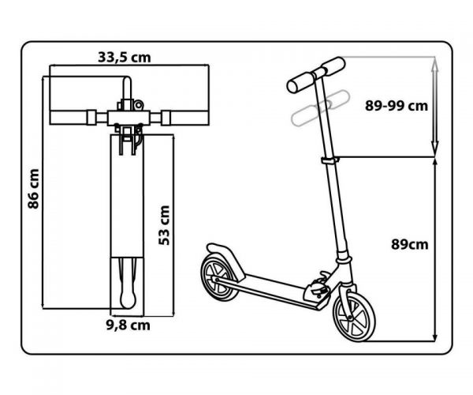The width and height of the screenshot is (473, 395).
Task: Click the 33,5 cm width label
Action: [x=125, y=58]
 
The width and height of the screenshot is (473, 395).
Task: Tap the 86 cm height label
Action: [x=33, y=189]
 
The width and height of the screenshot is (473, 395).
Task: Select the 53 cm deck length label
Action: [x=165, y=225]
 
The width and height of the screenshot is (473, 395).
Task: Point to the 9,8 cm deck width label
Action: [x=128, y=325]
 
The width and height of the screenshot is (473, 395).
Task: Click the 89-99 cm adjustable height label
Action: [x=397, y=106]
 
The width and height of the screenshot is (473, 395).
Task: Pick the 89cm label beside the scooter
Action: [x=410, y=244]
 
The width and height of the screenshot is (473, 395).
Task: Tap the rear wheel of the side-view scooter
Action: [x=218, y=277]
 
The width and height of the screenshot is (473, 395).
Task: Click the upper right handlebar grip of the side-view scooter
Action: [x=333, y=66]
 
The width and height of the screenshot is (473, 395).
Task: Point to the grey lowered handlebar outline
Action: [x=320, y=107]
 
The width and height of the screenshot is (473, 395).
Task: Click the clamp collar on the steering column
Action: [x=330, y=160]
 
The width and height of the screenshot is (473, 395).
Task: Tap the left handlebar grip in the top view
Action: [x=69, y=118]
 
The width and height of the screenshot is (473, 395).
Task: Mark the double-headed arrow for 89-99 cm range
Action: [x=434, y=107]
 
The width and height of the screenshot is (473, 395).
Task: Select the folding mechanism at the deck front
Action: [x=318, y=288]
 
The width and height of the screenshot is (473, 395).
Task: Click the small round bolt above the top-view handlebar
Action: [x=139, y=106]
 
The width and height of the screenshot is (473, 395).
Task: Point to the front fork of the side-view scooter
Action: [x=345, y=299]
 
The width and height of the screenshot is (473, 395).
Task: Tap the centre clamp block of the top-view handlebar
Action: [x=128, y=118]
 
